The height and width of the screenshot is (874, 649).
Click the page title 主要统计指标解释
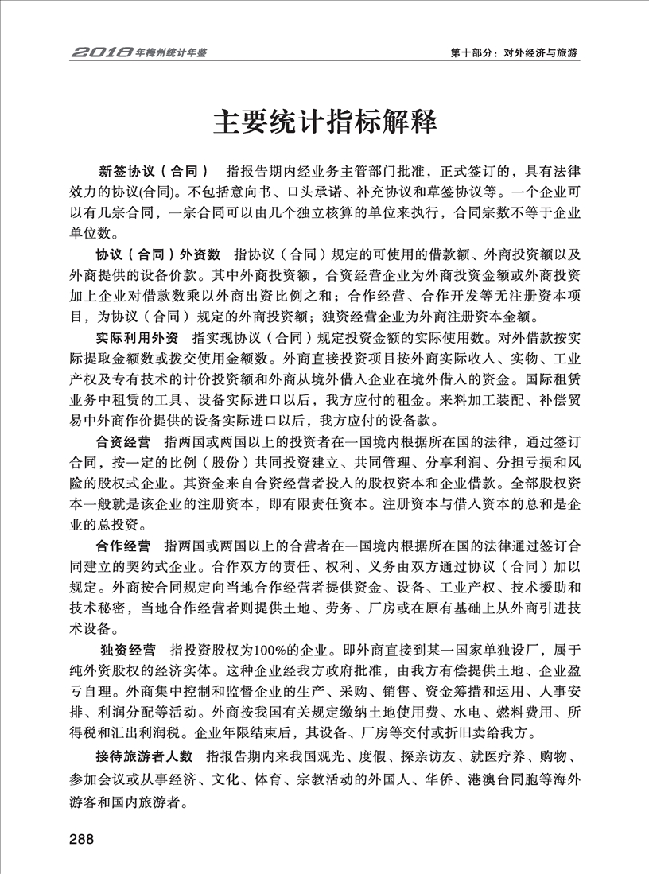pyautogui.click(x=324, y=123)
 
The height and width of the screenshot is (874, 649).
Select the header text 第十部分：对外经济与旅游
pyautogui.click(x=513, y=53)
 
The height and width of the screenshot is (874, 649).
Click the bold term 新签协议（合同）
pyautogui.click(x=154, y=172)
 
